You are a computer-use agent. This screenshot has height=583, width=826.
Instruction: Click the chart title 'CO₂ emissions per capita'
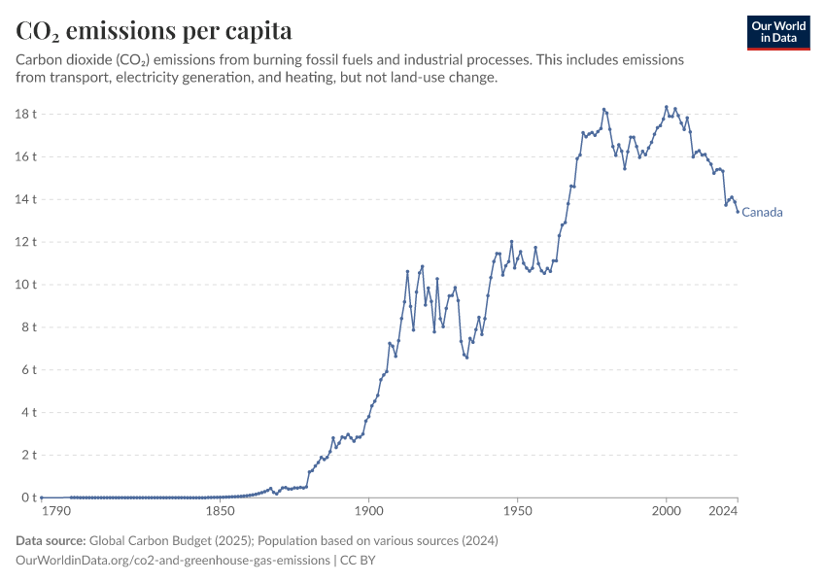(x=154, y=31)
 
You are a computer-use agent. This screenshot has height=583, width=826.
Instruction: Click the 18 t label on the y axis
(x=25, y=114)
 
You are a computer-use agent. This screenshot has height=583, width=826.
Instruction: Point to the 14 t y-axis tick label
(x=25, y=199)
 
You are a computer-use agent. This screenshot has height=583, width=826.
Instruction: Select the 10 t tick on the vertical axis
(x=25, y=285)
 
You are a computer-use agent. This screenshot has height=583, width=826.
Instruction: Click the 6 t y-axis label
(x=28, y=369)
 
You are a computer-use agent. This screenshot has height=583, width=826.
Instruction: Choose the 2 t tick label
(x=28, y=455)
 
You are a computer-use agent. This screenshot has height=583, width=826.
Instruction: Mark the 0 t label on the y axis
(x=28, y=497)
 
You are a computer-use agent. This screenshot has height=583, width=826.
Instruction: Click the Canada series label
(x=762, y=213)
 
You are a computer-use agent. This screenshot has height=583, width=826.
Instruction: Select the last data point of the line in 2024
(x=738, y=211)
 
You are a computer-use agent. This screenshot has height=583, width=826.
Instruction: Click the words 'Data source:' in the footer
(x=52, y=540)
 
